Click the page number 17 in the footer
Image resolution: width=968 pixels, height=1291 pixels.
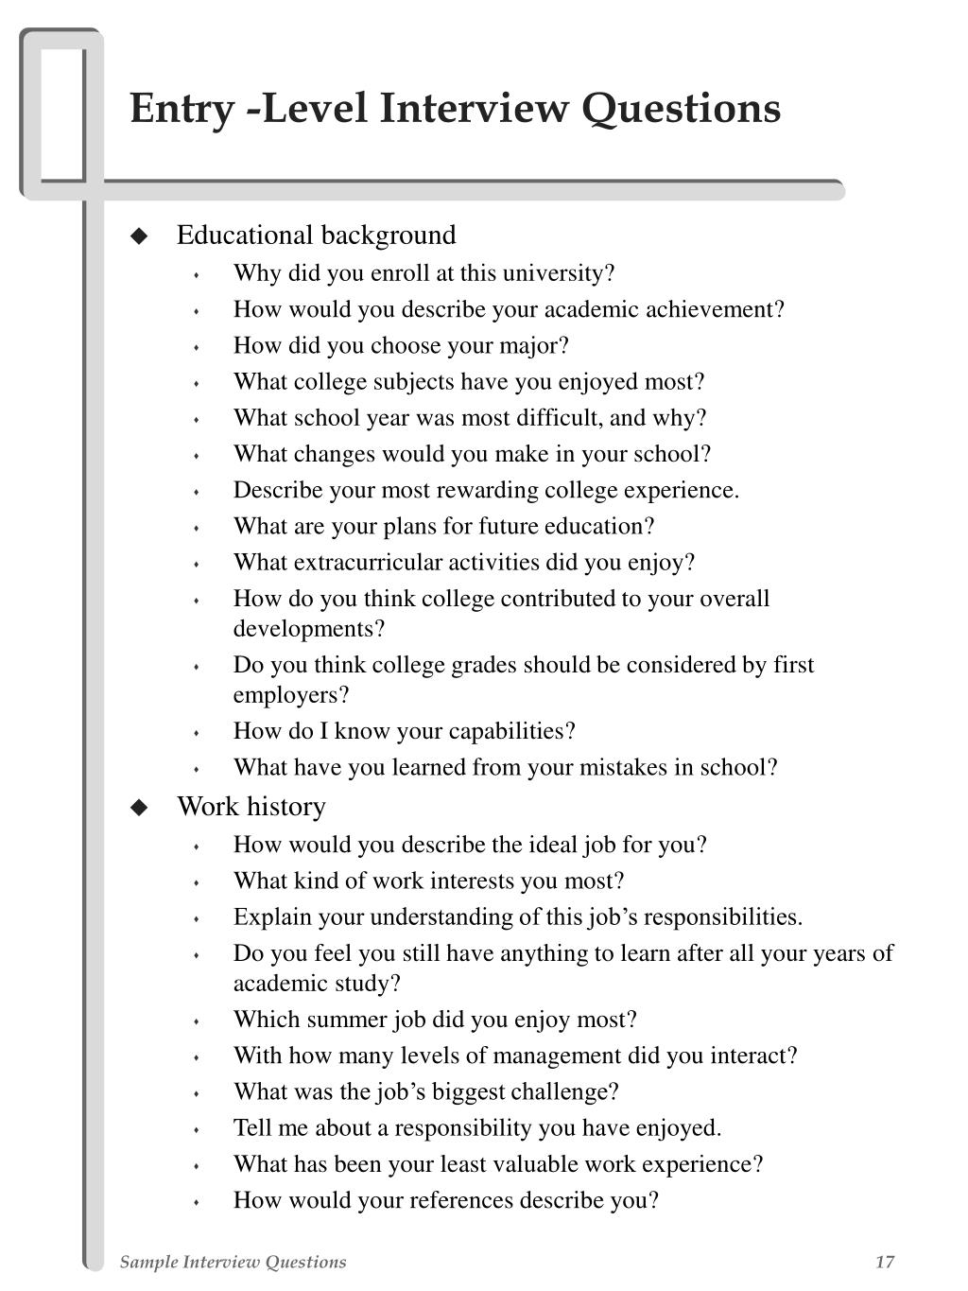click(885, 1262)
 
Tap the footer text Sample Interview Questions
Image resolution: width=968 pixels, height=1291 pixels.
click(233, 1262)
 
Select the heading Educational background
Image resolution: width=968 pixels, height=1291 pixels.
click(316, 235)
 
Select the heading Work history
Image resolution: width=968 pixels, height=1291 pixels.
click(251, 806)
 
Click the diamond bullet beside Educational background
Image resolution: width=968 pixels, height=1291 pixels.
click(140, 236)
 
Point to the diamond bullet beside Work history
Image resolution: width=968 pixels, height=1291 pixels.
click(140, 807)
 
